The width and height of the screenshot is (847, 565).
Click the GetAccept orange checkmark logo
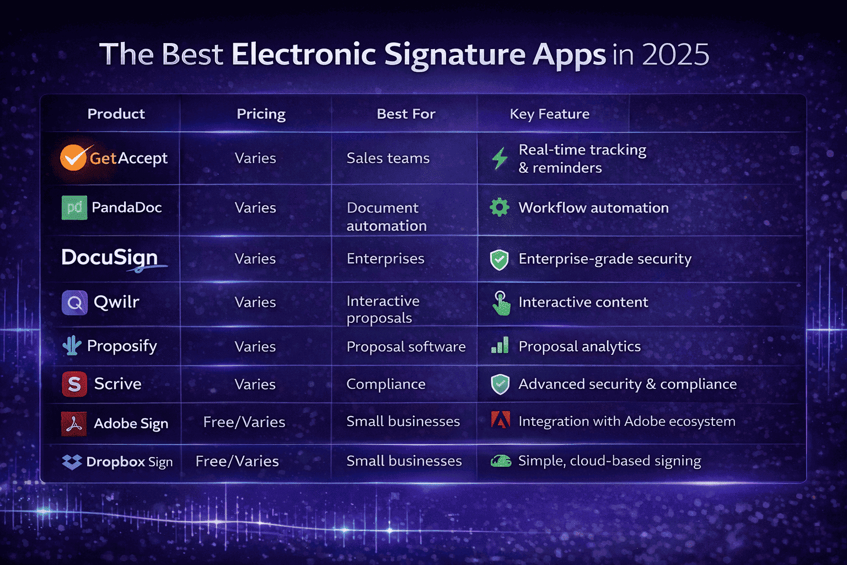click(x=73, y=158)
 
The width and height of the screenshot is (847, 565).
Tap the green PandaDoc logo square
click(x=74, y=207)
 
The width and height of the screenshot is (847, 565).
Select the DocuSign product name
click(x=110, y=258)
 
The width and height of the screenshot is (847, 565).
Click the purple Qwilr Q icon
click(x=74, y=302)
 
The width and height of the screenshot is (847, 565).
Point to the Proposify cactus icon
click(x=72, y=346)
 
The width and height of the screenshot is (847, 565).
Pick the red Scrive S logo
click(x=74, y=384)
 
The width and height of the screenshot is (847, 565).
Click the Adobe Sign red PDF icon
click(x=74, y=423)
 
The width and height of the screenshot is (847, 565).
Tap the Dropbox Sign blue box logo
click(x=72, y=462)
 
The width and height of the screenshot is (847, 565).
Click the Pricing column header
click(x=261, y=114)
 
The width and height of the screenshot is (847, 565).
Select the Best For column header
click(x=406, y=114)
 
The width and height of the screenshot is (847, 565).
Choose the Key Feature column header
click(x=549, y=114)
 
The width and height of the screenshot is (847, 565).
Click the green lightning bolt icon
click(x=500, y=158)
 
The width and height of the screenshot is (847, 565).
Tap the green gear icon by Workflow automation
click(x=500, y=207)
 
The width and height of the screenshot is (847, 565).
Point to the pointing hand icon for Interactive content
click(x=501, y=303)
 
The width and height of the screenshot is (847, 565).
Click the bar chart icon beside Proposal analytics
click(x=500, y=346)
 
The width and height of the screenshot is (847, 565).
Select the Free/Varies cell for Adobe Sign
click(x=244, y=422)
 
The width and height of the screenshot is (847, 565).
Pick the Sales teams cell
click(x=388, y=158)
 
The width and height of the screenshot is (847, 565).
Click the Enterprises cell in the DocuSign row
click(x=385, y=259)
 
